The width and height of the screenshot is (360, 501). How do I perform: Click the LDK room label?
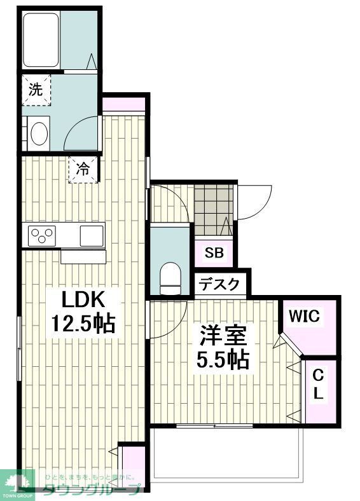pyautogui.click(x=81, y=298)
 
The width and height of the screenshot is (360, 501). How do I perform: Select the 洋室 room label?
pyautogui.click(x=221, y=336)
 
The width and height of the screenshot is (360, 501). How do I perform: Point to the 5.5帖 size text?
pyautogui.click(x=221, y=360)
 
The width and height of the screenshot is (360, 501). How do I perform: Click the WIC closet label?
pyautogui.click(x=305, y=315)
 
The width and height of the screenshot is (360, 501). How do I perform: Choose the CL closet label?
pyautogui.click(x=319, y=385)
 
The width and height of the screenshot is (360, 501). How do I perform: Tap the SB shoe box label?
pyautogui.click(x=214, y=252)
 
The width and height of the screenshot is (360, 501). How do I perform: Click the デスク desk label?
pyautogui.click(x=220, y=284)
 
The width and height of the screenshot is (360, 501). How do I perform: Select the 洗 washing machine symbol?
pyautogui.click(x=36, y=90)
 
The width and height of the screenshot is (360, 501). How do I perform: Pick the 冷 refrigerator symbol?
pyautogui.click(x=83, y=169)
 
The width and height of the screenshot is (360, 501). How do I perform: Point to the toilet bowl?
pyautogui.click(x=170, y=278)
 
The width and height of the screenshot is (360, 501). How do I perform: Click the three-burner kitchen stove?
pyautogui.click(x=41, y=235)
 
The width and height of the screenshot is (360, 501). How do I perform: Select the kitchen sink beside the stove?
pyautogui.click(x=91, y=235)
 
